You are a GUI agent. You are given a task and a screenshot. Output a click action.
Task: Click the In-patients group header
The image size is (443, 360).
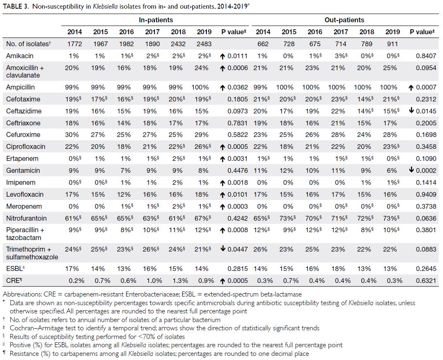click(x=156, y=20)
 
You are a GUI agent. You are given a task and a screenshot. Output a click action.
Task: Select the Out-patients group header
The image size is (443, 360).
click(x=344, y=20)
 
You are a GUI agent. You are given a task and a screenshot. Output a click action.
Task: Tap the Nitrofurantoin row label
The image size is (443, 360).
click(x=26, y=218)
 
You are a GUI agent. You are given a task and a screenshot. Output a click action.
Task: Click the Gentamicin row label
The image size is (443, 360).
click(x=23, y=171)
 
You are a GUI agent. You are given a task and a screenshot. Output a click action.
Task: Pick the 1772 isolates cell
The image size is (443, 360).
click(x=75, y=44)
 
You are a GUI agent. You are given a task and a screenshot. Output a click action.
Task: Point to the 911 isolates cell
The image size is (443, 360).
click(x=392, y=44)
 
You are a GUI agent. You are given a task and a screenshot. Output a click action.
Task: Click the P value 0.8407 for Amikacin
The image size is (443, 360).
click(x=426, y=56)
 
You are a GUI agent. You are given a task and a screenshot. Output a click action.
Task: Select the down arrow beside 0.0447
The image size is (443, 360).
click(x=223, y=249)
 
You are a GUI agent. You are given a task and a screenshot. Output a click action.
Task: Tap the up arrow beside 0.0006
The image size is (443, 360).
click(x=223, y=68)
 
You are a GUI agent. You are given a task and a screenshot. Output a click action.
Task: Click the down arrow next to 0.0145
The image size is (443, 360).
click(x=411, y=111)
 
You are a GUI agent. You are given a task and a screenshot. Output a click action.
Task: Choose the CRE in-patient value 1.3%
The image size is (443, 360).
click(x=180, y=281)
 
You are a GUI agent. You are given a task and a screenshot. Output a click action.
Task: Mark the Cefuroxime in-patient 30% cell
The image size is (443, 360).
click(x=72, y=135)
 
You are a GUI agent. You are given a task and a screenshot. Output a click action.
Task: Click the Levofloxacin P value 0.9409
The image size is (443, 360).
click(x=426, y=195)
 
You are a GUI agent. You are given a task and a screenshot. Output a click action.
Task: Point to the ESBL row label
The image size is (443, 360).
click(x=15, y=268)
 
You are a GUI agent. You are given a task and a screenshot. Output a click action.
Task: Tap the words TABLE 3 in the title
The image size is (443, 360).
click(x=16, y=6)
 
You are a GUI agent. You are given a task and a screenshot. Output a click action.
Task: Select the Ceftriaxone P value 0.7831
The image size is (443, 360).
click(x=238, y=123)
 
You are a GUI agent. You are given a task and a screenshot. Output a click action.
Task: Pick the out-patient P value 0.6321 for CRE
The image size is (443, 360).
click(x=426, y=281)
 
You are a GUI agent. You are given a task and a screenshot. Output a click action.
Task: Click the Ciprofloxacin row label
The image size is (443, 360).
click(x=26, y=147)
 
